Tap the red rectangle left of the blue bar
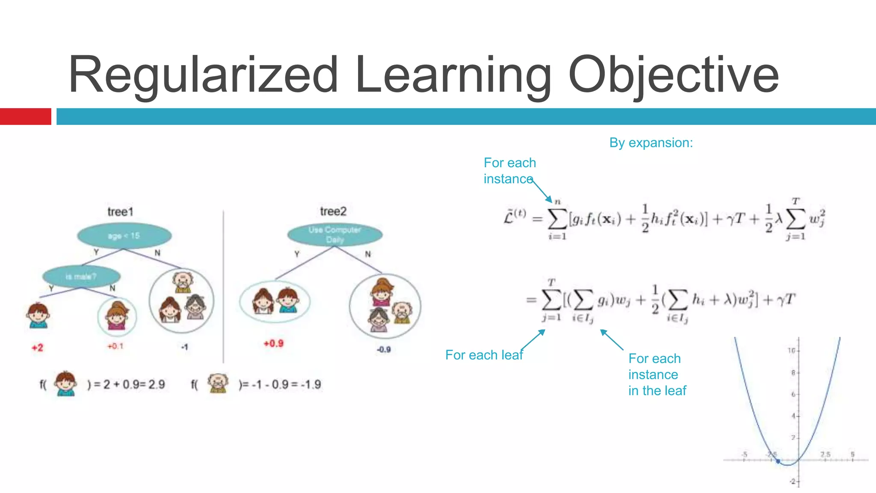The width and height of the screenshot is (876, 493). coord(25,116)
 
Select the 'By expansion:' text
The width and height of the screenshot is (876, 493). coord(651,143)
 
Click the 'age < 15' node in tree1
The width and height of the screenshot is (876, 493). coord(124,236)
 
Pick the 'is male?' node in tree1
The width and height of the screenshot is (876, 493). coord(81,276)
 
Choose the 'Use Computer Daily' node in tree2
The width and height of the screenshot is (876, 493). coord(334,235)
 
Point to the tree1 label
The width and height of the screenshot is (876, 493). coord(120,212)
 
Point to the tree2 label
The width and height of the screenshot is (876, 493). coord(333,211)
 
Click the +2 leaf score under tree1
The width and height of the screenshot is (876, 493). coord(38,347)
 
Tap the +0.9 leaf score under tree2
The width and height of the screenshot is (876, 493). coord(273,343)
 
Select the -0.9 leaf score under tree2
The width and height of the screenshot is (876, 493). coord(384,350)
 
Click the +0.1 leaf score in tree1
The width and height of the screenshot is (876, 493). coord(115,346)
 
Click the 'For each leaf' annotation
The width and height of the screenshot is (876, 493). coord(484,355)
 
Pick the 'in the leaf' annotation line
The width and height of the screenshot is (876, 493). coord(657,391)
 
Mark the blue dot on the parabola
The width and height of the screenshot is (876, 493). coord(778,461)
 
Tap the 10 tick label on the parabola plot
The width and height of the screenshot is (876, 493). coord(792,350)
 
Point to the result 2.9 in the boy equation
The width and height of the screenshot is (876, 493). coord(157,384)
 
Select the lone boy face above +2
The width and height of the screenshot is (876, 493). coord(38,315)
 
